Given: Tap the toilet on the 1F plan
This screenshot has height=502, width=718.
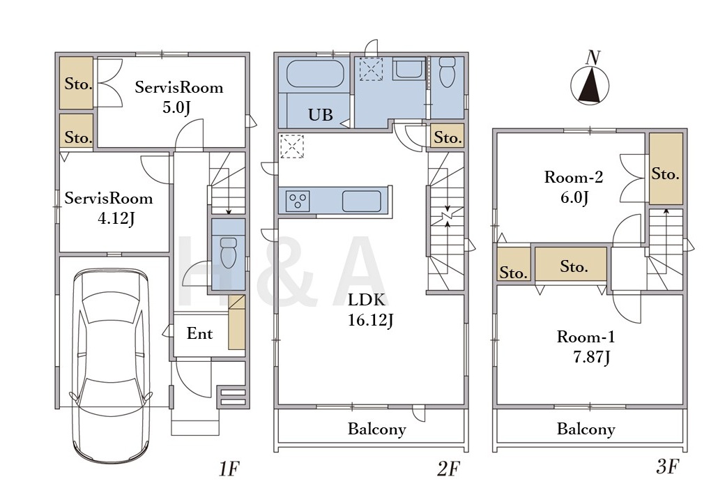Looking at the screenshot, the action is (228, 252).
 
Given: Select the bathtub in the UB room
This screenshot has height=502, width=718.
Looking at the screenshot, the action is (314, 73).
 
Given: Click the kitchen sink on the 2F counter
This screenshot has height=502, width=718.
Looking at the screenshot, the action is (361, 201).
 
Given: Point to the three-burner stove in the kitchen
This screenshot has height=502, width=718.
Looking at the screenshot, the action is (298, 201).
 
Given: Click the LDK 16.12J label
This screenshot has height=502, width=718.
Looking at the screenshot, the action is (370, 310).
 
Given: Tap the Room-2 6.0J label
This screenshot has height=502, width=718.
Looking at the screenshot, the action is (574, 187).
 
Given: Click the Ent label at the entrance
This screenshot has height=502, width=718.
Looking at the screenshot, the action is (199, 333).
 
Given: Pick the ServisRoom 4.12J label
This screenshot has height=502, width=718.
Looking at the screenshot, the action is (109, 208).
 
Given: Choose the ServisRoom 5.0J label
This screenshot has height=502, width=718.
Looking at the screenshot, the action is (178, 97).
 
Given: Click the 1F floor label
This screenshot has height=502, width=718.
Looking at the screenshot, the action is (229, 469).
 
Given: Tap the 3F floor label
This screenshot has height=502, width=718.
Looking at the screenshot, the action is (666, 466).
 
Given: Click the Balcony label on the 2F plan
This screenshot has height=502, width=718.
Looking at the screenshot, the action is (377, 429).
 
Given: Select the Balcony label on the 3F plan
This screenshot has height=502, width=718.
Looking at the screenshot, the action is (586, 429).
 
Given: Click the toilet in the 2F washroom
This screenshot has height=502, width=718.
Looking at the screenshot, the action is (447, 72).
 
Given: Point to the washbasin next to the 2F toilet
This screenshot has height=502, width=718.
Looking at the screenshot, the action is (409, 69).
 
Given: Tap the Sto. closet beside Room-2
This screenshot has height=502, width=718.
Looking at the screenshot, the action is (666, 169).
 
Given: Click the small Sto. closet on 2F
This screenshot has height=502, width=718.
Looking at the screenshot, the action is (448, 135).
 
